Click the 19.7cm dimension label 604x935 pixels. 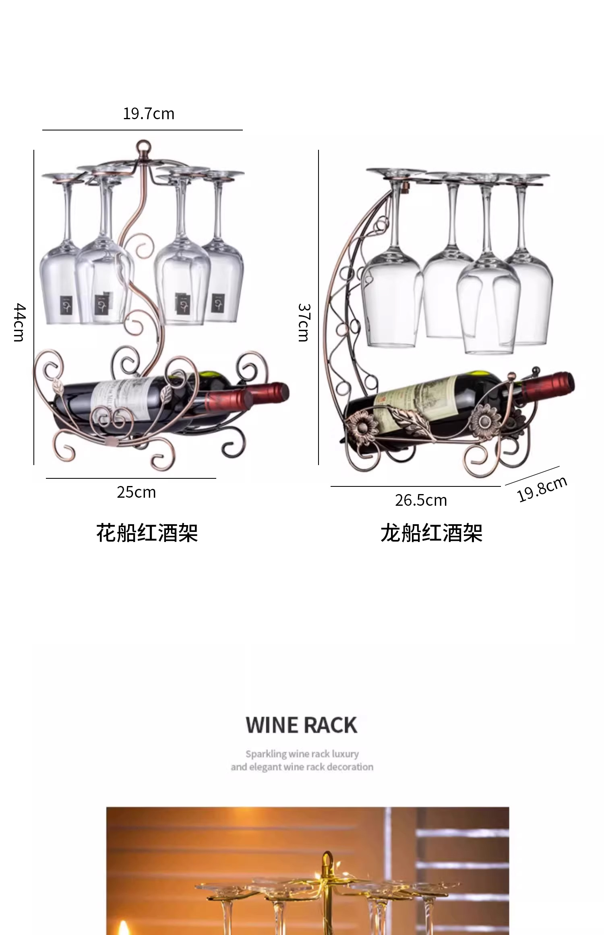pos(149,114)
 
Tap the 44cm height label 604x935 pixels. pos(19,323)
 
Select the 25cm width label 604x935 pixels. pos(136,492)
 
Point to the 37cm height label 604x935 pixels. pos(304,323)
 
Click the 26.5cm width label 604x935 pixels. pos(421,500)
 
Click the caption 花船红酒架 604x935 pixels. pos(147,533)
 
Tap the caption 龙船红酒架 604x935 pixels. pos(431,533)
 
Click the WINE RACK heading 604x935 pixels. pos(302,725)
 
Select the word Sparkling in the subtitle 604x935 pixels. pos(266,754)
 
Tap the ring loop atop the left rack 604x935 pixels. pos(144,145)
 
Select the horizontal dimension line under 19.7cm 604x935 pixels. pos(142,130)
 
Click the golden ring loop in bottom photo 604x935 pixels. pos(327,859)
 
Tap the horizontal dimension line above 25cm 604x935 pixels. pos(131,478)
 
